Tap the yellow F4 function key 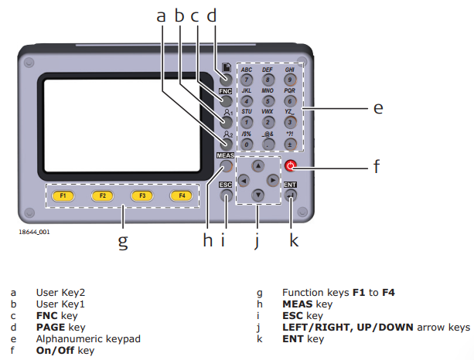coord(182,196)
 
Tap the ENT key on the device coord(291,195)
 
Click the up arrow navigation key coord(258,165)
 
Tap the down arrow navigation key coord(258,195)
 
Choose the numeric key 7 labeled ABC coord(246,79)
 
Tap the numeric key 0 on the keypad coord(246,144)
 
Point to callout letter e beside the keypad coord(378,108)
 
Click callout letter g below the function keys coord(122,241)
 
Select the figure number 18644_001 coord(35,230)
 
